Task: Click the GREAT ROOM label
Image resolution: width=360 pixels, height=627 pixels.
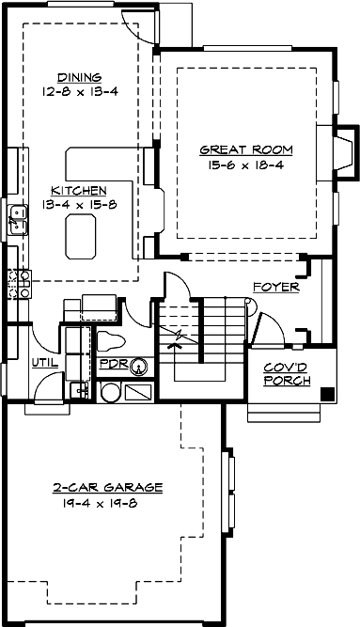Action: point(245,149)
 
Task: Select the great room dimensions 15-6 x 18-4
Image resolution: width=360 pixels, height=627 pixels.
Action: point(245,164)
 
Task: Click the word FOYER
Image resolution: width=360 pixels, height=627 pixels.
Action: point(275,287)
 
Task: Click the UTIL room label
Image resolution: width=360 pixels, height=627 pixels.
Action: point(45,362)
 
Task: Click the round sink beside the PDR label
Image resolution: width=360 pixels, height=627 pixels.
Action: point(138,365)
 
